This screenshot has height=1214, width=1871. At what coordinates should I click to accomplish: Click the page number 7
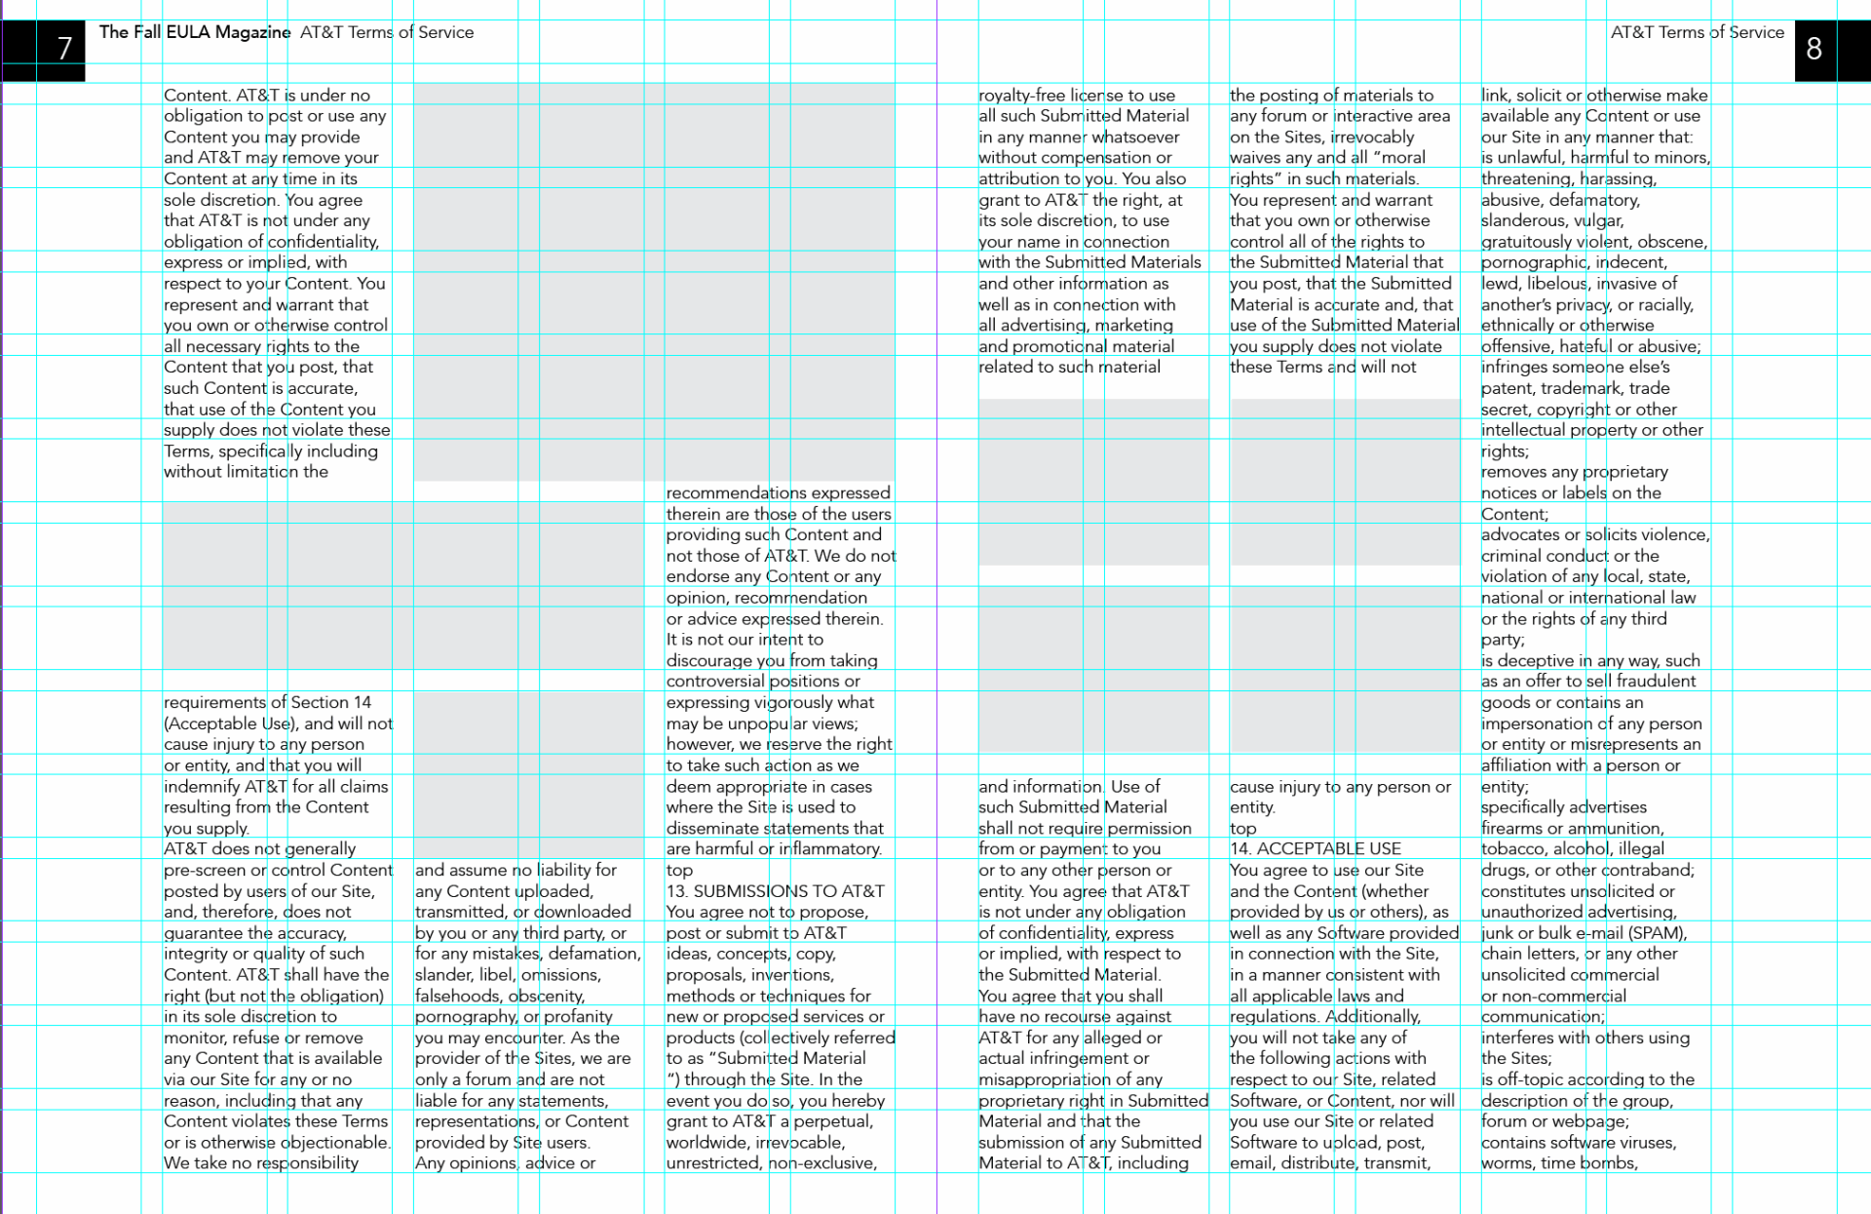pos(64,48)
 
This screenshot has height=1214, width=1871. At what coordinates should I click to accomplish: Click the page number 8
pos(1814,48)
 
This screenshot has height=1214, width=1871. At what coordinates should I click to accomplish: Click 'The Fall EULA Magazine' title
pos(195,32)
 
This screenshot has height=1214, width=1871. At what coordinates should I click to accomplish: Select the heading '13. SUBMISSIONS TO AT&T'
pos(775,891)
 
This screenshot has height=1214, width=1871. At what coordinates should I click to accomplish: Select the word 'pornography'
pos(466,1017)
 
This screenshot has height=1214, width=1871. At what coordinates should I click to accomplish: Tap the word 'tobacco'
pos(1511,849)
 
